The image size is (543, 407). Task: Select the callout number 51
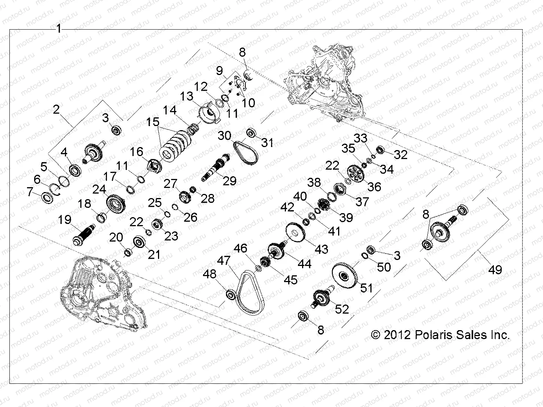(x=366, y=288)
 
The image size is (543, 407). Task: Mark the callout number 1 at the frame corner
(x=59, y=29)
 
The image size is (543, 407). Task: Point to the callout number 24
(x=99, y=189)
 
